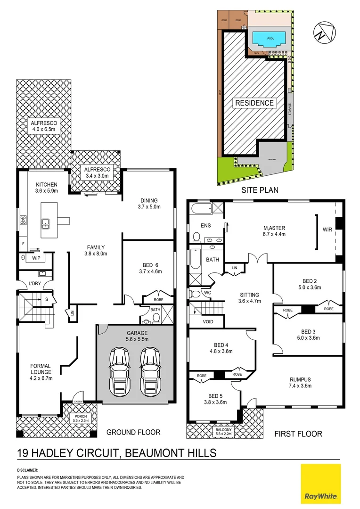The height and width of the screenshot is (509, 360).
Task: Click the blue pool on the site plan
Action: pyautogui.click(x=268, y=37)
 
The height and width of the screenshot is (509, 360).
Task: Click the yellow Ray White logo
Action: pyautogui.click(x=320, y=484)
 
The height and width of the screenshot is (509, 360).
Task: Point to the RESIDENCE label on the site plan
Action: pyautogui.click(x=254, y=103)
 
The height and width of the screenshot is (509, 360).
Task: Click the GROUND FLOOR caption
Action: pyautogui.click(x=133, y=432)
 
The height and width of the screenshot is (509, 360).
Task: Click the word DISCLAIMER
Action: pyautogui.click(x=28, y=470)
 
